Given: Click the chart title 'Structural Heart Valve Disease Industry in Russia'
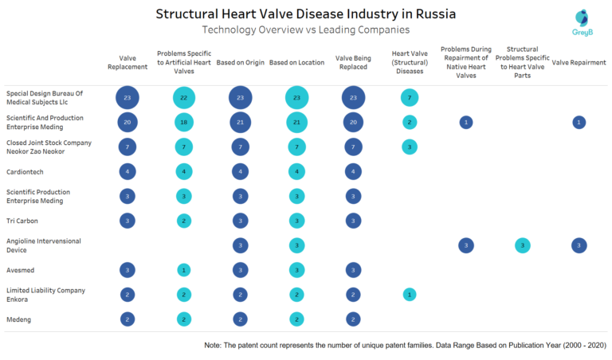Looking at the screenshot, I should [x=306, y=14].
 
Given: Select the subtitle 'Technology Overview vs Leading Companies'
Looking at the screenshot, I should [x=306, y=29].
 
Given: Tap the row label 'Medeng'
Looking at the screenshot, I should [x=19, y=319].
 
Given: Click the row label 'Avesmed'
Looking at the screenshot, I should [x=22, y=269].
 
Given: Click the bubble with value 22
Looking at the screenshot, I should [x=184, y=97].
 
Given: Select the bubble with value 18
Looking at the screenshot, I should [x=184, y=122].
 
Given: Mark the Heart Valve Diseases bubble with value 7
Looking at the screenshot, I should [x=409, y=97].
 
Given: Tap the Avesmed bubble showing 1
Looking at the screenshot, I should [x=184, y=269].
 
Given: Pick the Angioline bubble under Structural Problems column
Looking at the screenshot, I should [x=522, y=245].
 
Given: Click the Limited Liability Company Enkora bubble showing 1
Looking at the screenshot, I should [x=409, y=294].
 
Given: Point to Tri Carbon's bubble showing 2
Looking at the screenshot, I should [x=184, y=221].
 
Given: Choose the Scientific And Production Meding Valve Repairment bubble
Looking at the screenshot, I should [x=579, y=122].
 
